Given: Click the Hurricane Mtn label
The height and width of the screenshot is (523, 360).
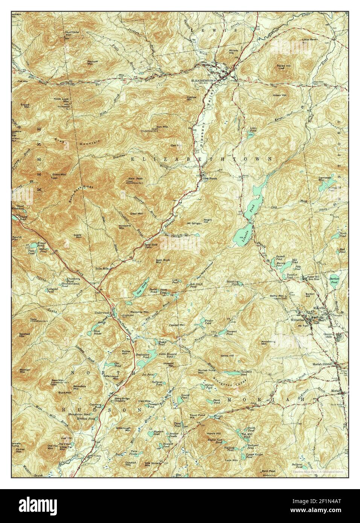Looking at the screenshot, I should pos(73,33).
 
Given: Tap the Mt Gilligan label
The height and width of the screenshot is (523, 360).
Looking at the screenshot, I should pos(195,223).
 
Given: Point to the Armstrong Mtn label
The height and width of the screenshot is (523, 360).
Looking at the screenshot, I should pos(268,342).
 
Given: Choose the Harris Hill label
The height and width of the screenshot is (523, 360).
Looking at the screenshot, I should pos(214,433).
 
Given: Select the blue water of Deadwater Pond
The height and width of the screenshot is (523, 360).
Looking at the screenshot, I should pos(144,362).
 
